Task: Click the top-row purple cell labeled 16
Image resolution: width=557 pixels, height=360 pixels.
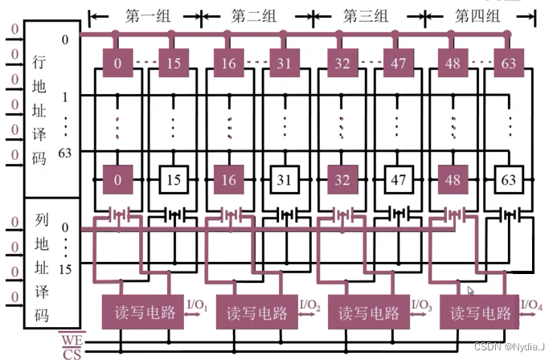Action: coord(229,63)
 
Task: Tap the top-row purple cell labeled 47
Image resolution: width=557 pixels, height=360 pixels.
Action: coord(397,63)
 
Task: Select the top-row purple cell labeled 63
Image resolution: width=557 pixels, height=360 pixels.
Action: coord(509,63)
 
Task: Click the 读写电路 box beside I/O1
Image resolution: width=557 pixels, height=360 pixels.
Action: coord(144,313)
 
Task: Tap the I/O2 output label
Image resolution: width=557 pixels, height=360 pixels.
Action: coord(311,305)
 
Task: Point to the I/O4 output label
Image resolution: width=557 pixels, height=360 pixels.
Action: coord(532,305)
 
